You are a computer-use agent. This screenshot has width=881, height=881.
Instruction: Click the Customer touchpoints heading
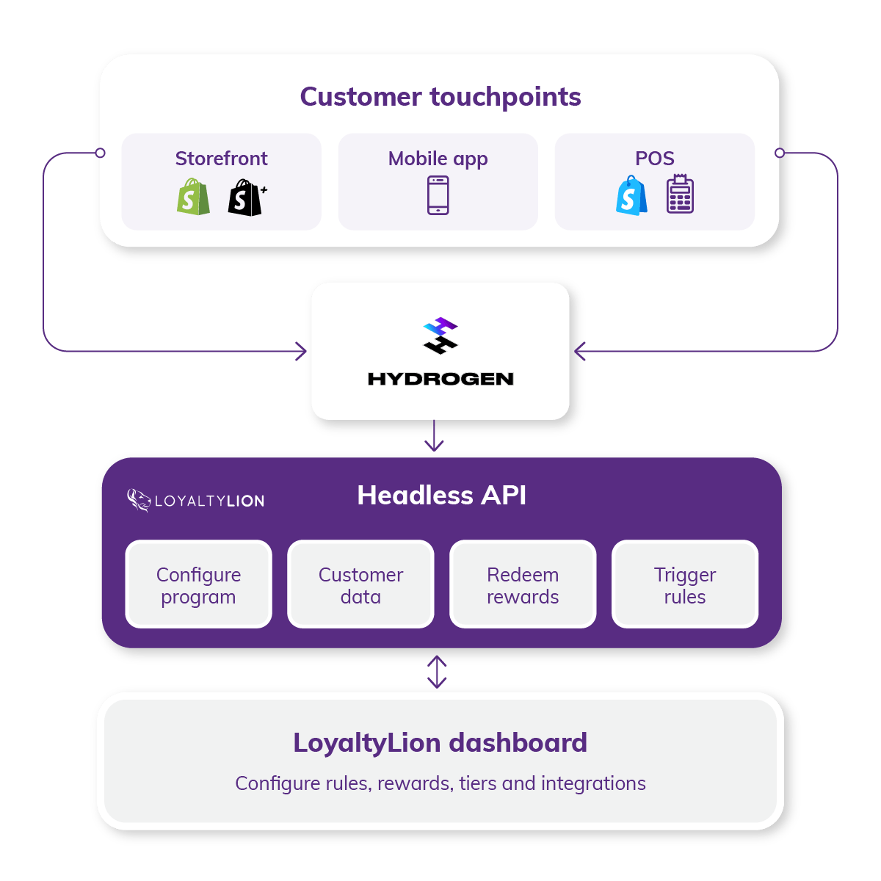click(440, 97)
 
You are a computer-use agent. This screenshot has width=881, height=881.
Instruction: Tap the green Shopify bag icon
click(193, 197)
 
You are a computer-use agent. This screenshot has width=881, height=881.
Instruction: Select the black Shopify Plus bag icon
click(246, 197)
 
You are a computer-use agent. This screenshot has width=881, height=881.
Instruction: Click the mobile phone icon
click(438, 196)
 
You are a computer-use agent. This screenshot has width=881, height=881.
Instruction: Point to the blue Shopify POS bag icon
click(631, 196)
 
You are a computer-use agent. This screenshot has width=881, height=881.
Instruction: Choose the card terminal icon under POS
click(680, 195)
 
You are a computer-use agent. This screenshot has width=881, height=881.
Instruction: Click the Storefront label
click(221, 159)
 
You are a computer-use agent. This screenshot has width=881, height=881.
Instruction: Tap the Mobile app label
click(438, 159)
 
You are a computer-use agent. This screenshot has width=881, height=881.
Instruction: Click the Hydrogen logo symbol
click(440, 336)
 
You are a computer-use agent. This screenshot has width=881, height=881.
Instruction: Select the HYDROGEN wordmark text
click(440, 379)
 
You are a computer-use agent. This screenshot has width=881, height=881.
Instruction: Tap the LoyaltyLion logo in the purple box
click(195, 501)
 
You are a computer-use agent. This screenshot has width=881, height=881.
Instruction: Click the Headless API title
click(441, 496)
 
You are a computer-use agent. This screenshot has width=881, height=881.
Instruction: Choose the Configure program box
click(198, 584)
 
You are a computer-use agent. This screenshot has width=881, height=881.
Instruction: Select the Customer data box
click(360, 584)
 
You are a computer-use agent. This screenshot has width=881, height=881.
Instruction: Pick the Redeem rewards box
click(523, 584)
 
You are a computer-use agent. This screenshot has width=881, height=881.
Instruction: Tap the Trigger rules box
click(685, 584)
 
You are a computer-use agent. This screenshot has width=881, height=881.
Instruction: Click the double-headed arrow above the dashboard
click(437, 672)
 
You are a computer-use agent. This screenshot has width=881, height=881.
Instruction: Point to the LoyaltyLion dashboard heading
click(440, 743)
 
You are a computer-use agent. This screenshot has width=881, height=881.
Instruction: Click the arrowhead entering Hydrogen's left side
click(301, 352)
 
